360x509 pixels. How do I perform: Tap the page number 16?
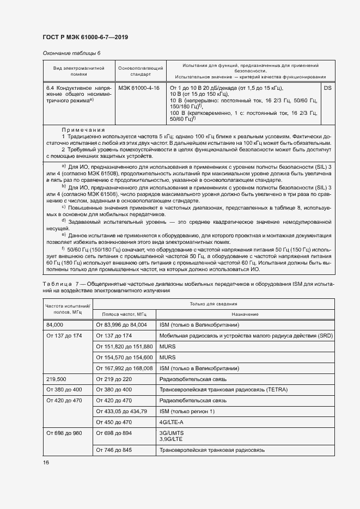pyautogui.click(x=46, y=462)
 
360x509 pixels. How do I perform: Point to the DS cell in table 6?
pyautogui.click(x=327, y=88)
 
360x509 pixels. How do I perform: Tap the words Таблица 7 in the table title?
pyautogui.click(x=58, y=284)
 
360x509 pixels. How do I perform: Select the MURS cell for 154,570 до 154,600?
pyautogui.click(x=168, y=357)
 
